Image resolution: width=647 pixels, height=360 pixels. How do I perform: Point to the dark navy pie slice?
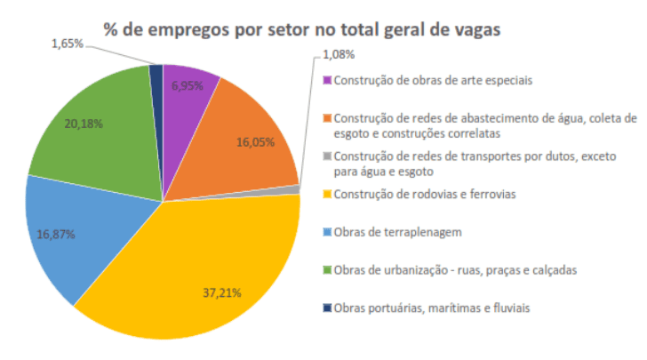click(157, 78)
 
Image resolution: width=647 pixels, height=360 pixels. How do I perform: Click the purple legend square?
click(327, 81)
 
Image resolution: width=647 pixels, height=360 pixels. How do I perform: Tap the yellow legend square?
click(327, 194)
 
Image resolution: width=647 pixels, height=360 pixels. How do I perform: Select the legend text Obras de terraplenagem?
click(395, 232)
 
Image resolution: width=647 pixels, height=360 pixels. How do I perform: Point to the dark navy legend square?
click(327, 308)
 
